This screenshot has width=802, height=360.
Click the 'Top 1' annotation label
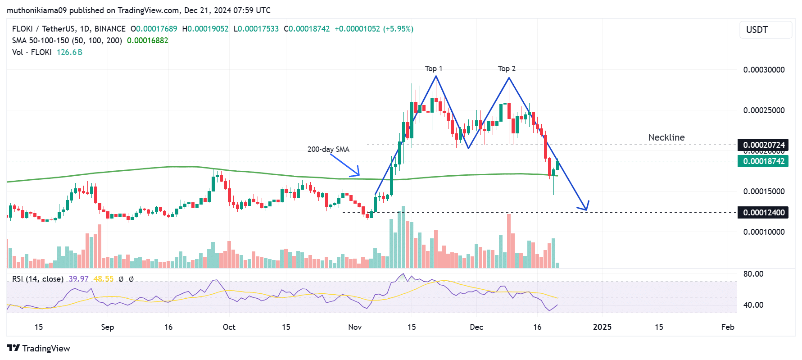(433, 68)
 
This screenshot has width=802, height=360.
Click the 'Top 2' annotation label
(507, 68)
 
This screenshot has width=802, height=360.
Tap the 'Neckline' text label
(666, 137)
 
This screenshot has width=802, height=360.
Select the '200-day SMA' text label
(328, 149)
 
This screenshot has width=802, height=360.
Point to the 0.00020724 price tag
(763, 145)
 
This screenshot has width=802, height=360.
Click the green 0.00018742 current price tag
(763, 161)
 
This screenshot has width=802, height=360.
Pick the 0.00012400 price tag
(763, 212)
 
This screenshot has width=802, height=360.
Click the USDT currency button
(766, 30)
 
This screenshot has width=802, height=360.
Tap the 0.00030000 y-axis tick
(764, 70)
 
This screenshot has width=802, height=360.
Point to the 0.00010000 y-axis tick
(764, 232)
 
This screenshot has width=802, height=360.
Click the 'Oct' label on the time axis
(229, 327)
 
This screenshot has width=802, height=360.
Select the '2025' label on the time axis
(602, 327)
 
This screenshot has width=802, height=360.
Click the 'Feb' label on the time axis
(727, 327)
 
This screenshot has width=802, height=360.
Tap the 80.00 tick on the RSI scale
(753, 274)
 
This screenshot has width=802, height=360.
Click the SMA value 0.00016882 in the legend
(147, 41)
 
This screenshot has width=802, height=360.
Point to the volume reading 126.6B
(69, 52)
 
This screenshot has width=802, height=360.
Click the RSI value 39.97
(78, 279)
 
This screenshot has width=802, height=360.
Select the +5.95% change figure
(398, 29)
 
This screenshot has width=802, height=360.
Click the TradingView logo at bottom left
(38, 348)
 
